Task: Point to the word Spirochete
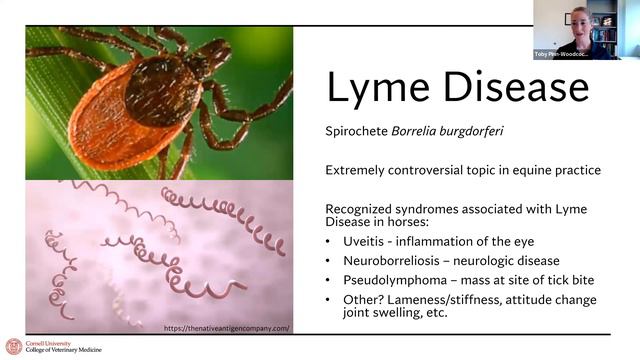click(357, 130)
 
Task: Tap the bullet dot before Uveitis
click(331, 241)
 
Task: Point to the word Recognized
click(367, 208)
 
